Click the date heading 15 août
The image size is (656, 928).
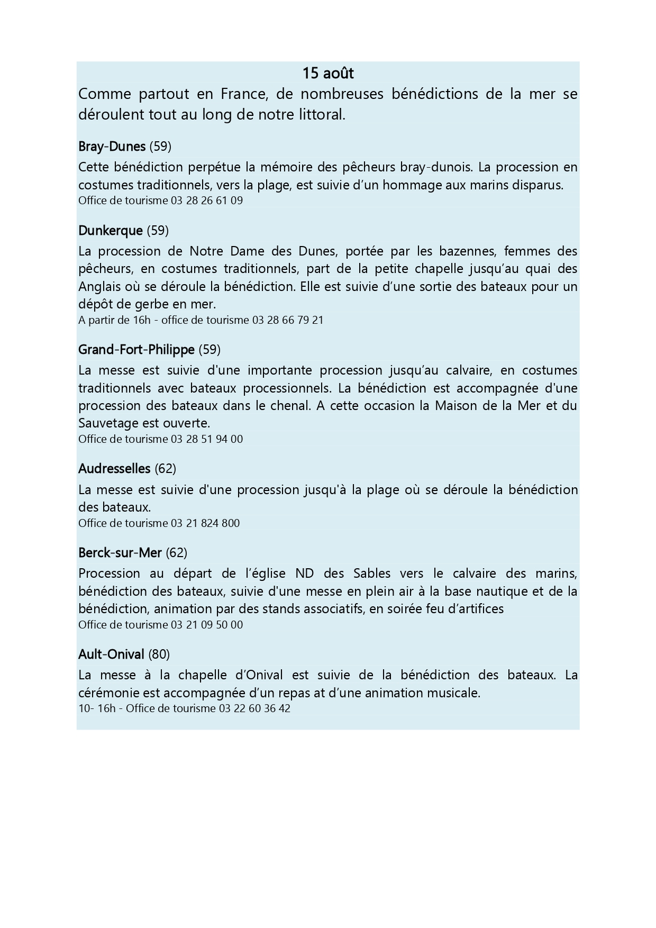point(328,73)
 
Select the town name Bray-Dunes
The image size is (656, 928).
point(112,147)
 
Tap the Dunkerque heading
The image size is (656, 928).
point(111,231)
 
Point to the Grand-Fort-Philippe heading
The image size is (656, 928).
point(136,350)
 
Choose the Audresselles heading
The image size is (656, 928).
point(114,469)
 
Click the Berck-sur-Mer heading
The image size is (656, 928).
point(120,553)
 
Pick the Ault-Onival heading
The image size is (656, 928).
point(111,654)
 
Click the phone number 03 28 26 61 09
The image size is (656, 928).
point(206,201)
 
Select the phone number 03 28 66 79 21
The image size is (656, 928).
point(288,320)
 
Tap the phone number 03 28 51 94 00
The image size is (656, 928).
point(206,439)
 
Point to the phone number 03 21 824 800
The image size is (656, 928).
point(205,523)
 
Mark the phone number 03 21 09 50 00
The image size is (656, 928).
point(206,625)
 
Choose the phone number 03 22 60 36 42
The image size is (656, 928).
point(254,708)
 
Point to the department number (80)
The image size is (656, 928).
point(159,654)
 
